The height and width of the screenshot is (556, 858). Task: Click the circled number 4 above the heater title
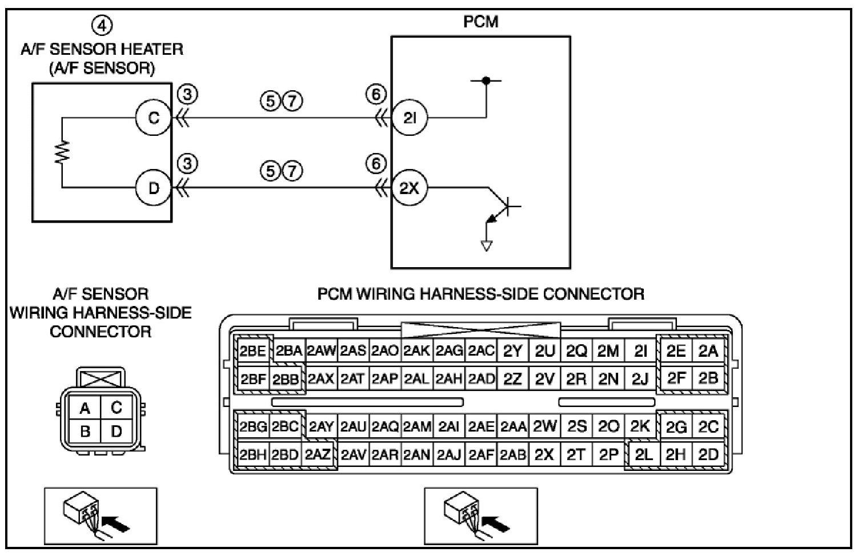pos(102,26)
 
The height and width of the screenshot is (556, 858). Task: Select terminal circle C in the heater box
pos(153,118)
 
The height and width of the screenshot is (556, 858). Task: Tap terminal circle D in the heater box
pos(153,187)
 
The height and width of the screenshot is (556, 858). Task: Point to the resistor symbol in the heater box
pos(62,152)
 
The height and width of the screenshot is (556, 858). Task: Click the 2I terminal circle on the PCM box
pos(410,118)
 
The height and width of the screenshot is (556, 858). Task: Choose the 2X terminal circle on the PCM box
pos(410,188)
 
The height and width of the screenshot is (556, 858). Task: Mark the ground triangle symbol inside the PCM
pos(487,245)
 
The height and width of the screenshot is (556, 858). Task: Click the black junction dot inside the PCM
pos(486,80)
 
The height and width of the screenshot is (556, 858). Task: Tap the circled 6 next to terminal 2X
pos(376,164)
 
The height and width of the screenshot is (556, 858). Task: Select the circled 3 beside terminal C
pos(187,94)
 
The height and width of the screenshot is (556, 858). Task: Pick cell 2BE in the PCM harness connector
pos(253,350)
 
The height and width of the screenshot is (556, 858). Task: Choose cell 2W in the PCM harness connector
pos(545,426)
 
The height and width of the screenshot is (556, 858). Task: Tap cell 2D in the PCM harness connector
pos(708,454)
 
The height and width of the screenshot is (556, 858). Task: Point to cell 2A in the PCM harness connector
pos(708,350)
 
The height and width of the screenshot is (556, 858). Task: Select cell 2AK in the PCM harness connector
pos(417,350)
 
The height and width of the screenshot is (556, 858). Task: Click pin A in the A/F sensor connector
pos(85,408)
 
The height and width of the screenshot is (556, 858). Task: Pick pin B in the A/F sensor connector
pos(85,431)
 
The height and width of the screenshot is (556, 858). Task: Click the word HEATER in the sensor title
pos(153,49)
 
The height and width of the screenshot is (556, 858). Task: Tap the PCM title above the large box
pos(481,22)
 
